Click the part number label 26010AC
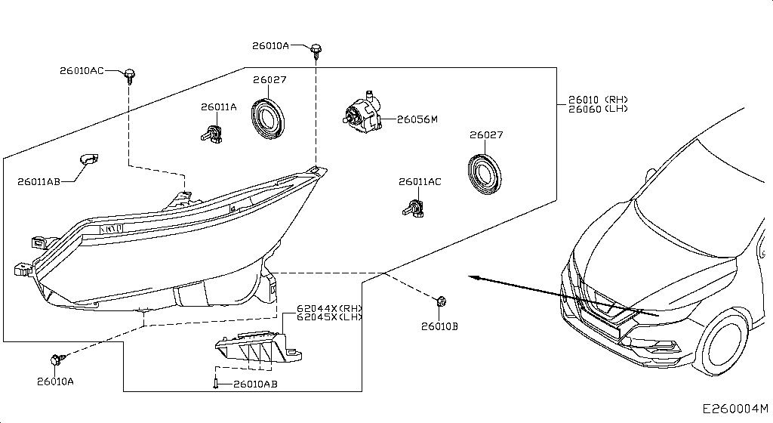[x=82, y=71]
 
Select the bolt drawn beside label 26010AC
[x=131, y=74]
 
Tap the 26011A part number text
[x=218, y=107]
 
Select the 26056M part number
[x=417, y=119]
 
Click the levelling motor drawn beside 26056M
[x=362, y=111]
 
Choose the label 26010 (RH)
[x=598, y=100]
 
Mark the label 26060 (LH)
[x=598, y=110]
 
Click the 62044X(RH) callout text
[x=330, y=308]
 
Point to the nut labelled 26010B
[x=441, y=301]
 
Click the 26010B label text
[x=439, y=326]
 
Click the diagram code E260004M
[x=736, y=409]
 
